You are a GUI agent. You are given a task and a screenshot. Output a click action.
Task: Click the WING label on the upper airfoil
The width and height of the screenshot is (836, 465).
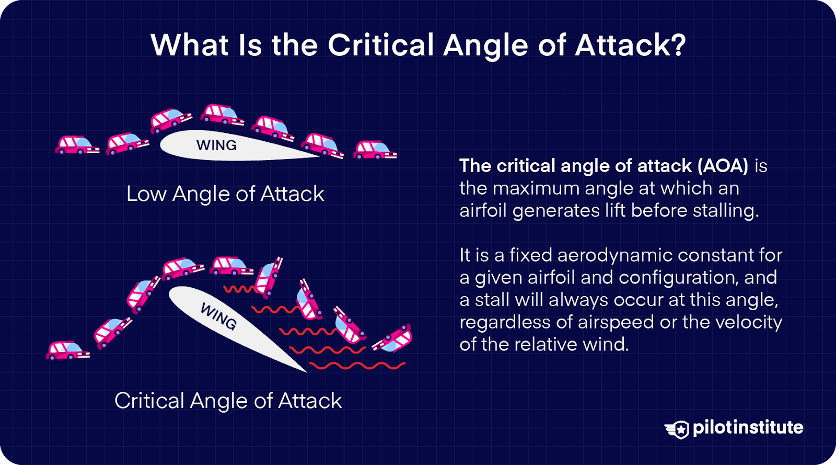click(x=216, y=145)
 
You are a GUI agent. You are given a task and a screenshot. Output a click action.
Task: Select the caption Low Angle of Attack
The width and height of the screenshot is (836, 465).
click(x=225, y=194)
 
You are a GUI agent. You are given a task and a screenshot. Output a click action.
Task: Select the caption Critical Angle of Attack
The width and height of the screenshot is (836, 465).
click(x=228, y=401)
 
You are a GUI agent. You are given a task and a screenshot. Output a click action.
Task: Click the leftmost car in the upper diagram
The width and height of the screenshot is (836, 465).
click(x=76, y=145)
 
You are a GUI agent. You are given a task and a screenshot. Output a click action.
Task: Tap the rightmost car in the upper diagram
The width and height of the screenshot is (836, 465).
click(x=374, y=150)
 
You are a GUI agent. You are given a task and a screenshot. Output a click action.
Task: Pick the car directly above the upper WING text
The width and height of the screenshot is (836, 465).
click(x=222, y=114)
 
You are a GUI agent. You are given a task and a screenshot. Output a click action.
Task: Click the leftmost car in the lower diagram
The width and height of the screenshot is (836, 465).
click(x=67, y=350)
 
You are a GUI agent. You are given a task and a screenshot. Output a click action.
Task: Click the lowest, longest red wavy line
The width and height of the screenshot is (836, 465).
click(x=357, y=365)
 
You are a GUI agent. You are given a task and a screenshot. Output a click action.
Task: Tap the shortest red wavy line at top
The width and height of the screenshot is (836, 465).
click(x=239, y=289)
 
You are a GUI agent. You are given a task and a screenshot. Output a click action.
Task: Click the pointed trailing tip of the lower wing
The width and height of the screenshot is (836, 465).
click(x=305, y=371)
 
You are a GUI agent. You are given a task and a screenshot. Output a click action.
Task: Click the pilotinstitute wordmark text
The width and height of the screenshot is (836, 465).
click(x=748, y=428)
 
